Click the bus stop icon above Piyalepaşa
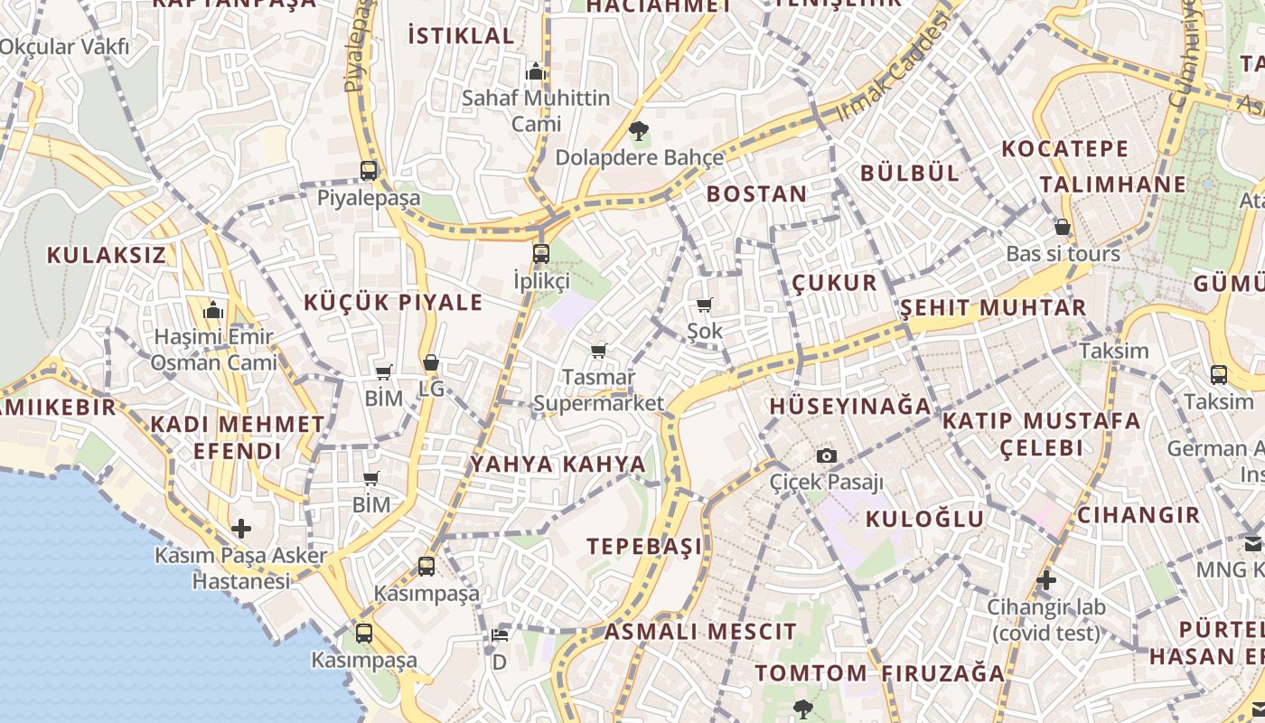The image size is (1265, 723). coord(369,170)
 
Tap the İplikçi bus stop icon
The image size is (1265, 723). coord(541,253)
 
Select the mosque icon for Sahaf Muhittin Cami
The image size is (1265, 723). coord(536,70)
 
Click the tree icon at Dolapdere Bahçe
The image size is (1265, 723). coord(639,131)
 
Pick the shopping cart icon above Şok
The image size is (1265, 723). coord(705,305)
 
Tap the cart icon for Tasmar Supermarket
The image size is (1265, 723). coord(598,351)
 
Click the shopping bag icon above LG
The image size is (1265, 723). coord(431,363)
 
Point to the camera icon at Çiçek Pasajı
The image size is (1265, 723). coord(826,456)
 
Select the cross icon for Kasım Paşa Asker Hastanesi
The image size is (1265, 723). coord(241,528)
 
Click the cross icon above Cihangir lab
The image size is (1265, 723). coord(1046,579)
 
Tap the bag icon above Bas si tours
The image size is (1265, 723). coord(1063,227)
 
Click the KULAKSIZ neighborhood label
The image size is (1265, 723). coord(107,255)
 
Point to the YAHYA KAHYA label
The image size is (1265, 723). coord(558,465)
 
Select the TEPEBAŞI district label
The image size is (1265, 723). coord(644,547)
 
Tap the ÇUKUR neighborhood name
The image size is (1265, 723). coord(834,283)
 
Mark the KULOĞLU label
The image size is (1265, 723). coord(924,519)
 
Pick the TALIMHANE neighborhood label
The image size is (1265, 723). coord(1112,184)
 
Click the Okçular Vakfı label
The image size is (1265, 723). coord(65,46)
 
